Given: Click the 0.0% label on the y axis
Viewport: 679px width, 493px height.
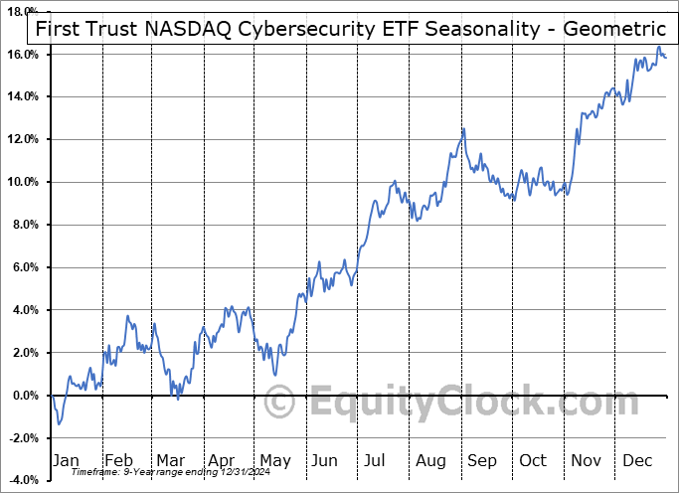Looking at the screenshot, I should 23,396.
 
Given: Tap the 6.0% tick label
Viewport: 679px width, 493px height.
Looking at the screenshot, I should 23,267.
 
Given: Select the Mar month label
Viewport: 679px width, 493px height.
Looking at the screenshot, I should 170,460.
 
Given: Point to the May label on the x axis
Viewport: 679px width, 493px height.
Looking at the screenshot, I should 274,460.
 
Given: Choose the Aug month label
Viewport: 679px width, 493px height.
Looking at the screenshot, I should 431,460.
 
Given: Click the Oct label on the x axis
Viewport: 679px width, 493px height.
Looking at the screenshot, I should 534,460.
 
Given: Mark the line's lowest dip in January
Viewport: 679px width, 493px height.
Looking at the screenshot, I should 59,424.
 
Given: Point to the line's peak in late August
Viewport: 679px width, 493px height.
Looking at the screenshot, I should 463,129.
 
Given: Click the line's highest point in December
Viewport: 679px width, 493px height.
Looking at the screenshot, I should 658,48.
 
